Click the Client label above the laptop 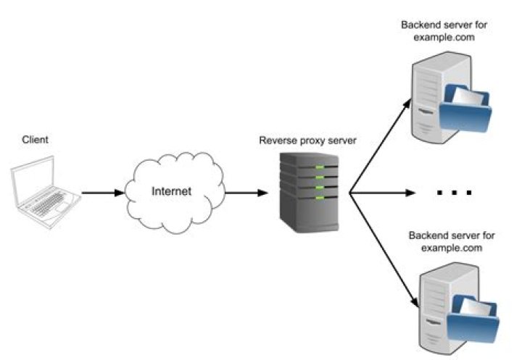tap(36, 139)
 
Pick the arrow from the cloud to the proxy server tap(246, 193)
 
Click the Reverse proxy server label tap(309, 140)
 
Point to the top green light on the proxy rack tap(318, 169)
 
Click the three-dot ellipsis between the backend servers tap(455, 193)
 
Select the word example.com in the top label tap(444, 38)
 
